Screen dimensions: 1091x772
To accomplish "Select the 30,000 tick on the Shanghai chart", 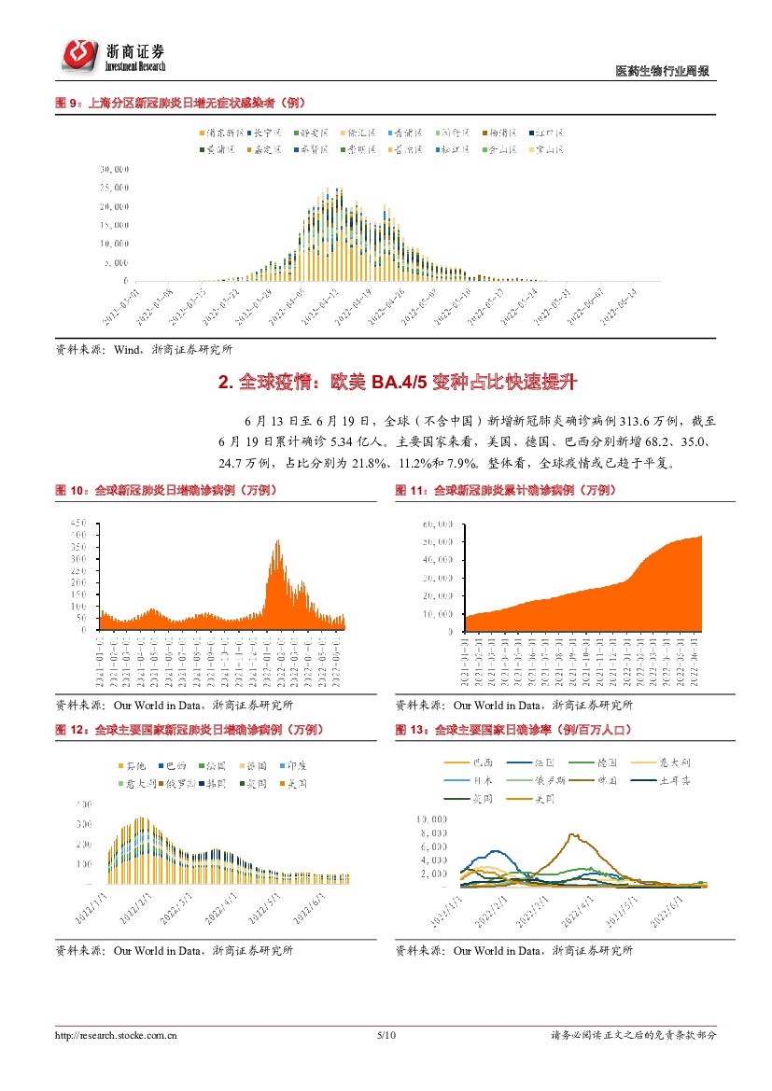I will point(114,170).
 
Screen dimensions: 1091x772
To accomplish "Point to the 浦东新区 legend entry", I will point(221,133).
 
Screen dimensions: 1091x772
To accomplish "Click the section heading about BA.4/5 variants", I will point(385,382).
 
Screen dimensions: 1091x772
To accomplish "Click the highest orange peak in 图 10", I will point(276,541).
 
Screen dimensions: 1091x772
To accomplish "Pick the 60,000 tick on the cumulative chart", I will point(438,524).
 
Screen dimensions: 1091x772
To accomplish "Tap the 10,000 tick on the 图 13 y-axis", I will point(435,818).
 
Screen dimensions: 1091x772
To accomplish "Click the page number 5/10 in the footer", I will point(386,1035).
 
